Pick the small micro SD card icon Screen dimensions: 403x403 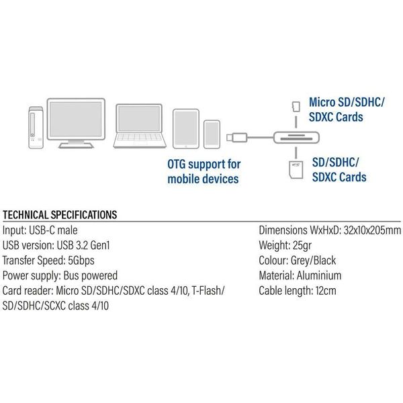(x=296, y=106)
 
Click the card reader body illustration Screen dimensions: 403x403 (x=292, y=136)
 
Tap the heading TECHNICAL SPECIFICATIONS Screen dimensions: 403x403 (x=60, y=215)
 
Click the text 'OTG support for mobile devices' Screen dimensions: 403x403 (x=204, y=171)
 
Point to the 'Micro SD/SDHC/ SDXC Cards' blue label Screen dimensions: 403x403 (x=345, y=109)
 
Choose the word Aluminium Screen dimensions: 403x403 (x=319, y=275)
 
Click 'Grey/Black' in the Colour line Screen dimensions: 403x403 (x=313, y=260)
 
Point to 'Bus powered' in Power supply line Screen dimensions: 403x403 (x=90, y=275)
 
